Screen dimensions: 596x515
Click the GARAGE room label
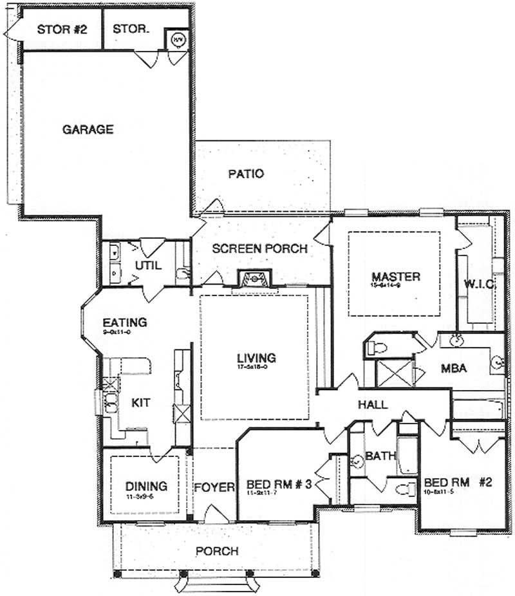pos(88,129)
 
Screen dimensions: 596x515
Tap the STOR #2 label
pos(62,29)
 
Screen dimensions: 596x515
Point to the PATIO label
pos(247,174)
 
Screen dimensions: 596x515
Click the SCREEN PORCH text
pos(259,248)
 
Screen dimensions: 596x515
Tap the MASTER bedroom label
pos(395,277)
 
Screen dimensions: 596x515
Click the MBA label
pos(454,369)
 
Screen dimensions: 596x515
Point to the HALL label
pos(373,405)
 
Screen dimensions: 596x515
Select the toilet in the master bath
pos(376,348)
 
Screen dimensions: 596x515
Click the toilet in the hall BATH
pos(404,489)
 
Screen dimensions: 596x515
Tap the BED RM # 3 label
pos(279,485)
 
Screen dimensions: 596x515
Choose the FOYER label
pos(214,487)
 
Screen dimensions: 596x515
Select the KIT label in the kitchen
pos(140,403)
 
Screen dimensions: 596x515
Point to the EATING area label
pos(125,322)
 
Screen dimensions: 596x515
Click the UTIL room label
pos(147,265)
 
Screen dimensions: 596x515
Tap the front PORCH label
pos(217,551)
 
